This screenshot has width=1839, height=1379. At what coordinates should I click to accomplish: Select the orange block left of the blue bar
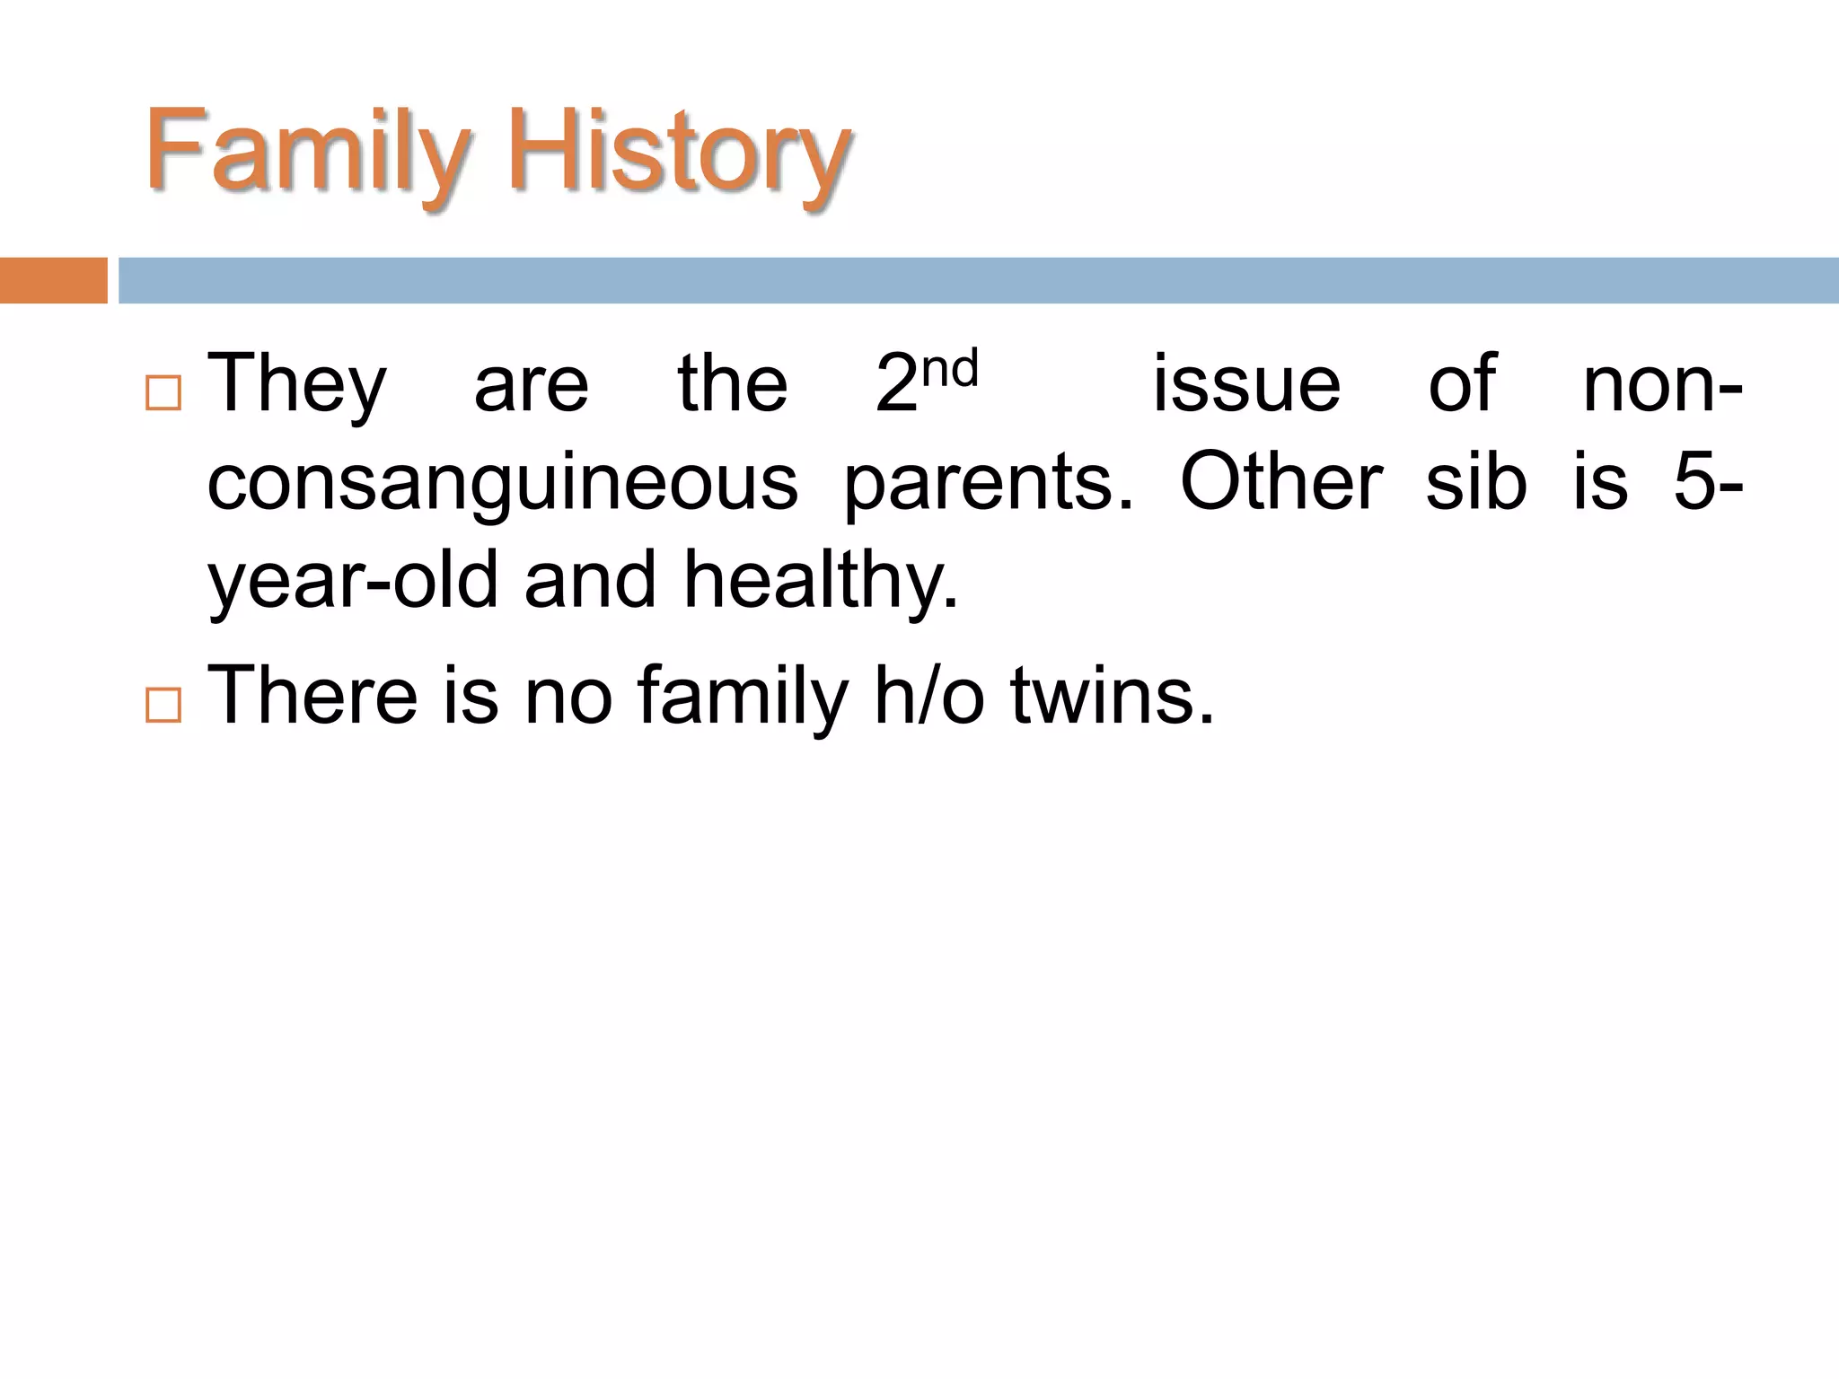[53, 280]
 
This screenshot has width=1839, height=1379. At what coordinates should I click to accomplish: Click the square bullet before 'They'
[163, 393]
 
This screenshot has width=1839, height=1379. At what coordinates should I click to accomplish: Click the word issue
[1246, 384]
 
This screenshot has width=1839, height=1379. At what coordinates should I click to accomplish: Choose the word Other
[1281, 481]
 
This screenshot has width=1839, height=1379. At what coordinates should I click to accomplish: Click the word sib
[1476, 481]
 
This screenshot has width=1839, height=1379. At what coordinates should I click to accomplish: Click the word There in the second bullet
[312, 695]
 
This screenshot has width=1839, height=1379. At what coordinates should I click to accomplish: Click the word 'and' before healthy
[591, 580]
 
